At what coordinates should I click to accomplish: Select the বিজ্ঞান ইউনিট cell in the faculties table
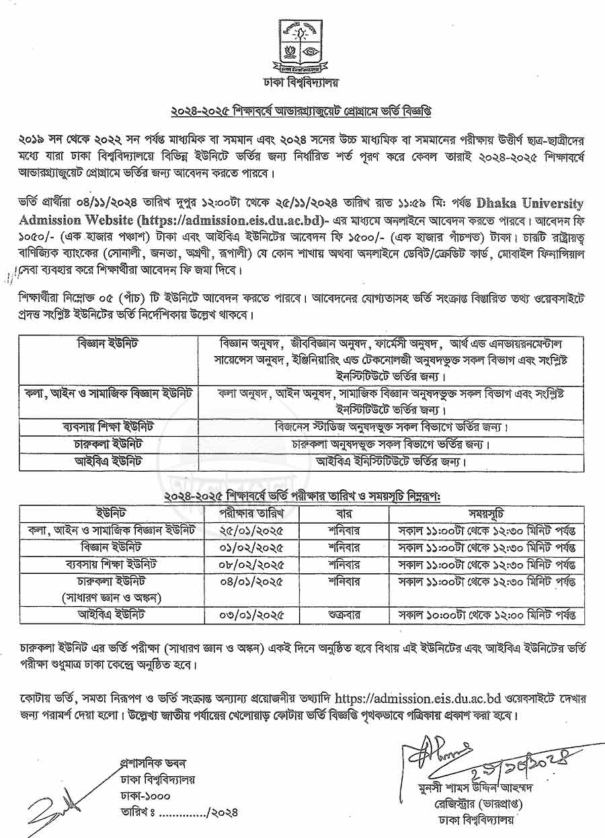(108, 344)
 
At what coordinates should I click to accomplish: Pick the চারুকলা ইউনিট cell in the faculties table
(108, 444)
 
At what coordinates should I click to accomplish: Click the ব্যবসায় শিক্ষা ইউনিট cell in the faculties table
(108, 427)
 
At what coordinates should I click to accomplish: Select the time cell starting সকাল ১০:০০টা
(488, 614)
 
